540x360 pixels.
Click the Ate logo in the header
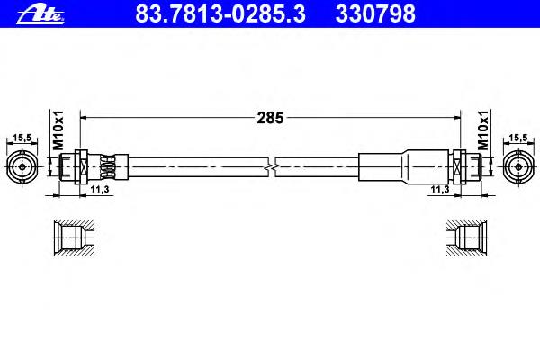[x=40, y=14]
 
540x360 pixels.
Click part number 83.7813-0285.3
[x=220, y=13]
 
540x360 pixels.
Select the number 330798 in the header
[x=375, y=13]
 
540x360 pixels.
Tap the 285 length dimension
[x=270, y=118]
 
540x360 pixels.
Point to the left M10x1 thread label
[x=58, y=130]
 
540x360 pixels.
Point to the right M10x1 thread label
[x=483, y=130]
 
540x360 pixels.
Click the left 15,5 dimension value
[x=22, y=138]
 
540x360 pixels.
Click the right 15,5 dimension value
[x=518, y=138]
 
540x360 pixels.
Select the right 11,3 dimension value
[x=440, y=189]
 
